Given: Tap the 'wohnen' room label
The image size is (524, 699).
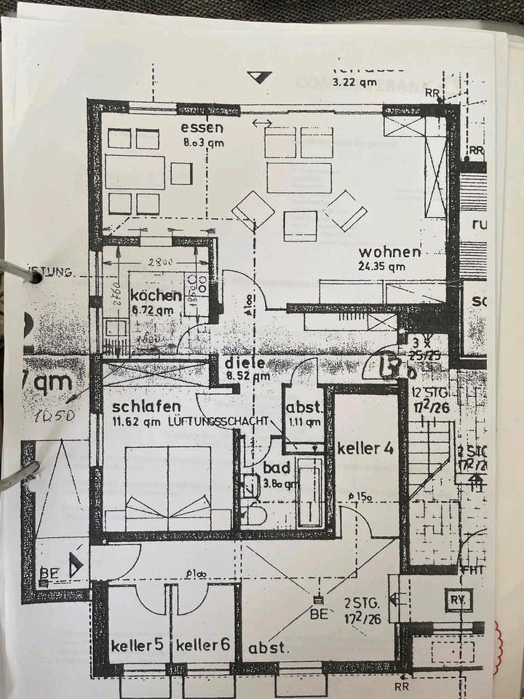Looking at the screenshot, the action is (389, 253).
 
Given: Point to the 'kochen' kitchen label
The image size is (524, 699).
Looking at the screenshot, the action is (155, 296).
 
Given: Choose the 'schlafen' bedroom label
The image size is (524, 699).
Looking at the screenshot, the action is (146, 408).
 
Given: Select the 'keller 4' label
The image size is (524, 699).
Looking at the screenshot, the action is (365, 448).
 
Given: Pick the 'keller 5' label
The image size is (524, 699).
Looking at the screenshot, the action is (136, 646).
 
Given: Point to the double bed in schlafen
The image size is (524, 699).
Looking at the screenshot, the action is (168, 488).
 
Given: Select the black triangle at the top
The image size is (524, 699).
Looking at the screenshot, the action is (259, 76).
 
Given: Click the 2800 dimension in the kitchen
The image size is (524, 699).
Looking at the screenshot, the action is (162, 261).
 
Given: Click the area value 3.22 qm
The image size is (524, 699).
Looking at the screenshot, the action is (354, 82).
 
